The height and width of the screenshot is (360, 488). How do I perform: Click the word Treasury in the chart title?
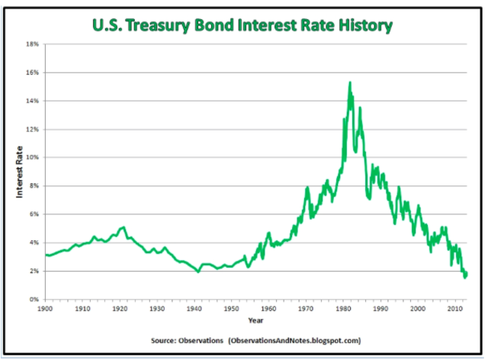169,27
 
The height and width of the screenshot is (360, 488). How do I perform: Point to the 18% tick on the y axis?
34,44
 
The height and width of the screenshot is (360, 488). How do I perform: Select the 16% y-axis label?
34,72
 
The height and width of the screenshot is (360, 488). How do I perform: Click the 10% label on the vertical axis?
34,157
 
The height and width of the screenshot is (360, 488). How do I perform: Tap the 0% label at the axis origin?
35,299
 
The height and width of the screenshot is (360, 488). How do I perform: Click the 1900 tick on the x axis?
44,308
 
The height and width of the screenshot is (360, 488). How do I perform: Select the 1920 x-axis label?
119,308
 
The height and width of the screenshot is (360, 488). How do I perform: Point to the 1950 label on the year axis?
231,308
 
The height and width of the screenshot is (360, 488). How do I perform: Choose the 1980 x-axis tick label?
343,308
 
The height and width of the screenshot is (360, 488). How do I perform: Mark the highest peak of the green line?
349,82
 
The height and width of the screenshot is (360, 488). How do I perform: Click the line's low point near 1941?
198,272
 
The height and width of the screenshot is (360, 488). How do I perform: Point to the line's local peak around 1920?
123,227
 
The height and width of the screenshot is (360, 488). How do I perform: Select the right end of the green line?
466,273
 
